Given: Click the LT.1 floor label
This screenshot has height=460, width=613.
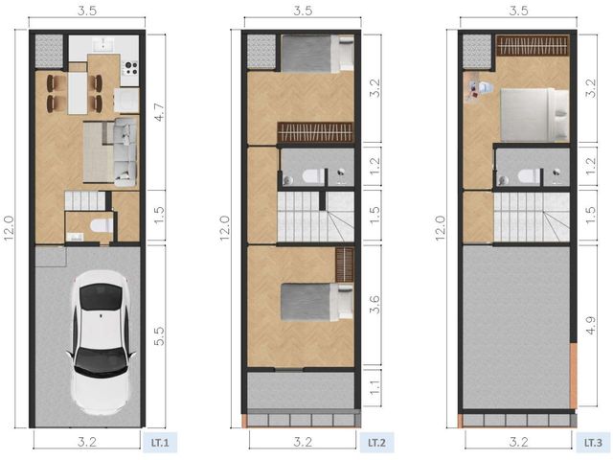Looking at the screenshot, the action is click(x=160, y=443).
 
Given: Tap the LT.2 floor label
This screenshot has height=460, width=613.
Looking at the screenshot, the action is click(x=376, y=443).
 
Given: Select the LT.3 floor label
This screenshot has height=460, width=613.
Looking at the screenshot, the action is click(x=593, y=443).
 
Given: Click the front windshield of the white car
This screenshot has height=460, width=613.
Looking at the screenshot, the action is click(x=101, y=296).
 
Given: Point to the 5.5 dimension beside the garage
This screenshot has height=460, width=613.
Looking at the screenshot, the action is click(x=159, y=336).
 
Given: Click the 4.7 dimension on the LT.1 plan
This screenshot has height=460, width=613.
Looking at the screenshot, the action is click(x=159, y=112).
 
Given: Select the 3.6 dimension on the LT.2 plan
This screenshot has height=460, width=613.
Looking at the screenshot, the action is click(x=375, y=305).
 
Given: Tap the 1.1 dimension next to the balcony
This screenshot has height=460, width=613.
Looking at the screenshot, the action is click(x=375, y=387).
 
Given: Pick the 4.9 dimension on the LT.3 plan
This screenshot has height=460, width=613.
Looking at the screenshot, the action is click(x=590, y=325).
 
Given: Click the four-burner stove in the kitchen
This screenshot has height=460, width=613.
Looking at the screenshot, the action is click(x=130, y=68).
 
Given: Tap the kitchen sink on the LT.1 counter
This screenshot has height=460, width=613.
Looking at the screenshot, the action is click(x=103, y=44).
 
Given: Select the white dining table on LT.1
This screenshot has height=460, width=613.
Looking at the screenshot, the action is click(x=78, y=94).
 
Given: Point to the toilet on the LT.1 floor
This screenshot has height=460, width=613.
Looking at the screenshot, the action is click(x=102, y=226).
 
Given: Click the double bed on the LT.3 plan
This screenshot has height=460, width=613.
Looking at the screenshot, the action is click(x=534, y=115).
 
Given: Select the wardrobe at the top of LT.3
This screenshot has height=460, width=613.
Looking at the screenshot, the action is click(x=533, y=46).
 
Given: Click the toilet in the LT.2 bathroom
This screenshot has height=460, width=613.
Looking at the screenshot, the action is click(x=314, y=176).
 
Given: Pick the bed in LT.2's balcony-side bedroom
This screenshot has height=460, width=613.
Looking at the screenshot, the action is click(x=317, y=303).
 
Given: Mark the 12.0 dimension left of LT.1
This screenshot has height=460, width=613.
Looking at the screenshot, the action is click(x=9, y=228).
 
